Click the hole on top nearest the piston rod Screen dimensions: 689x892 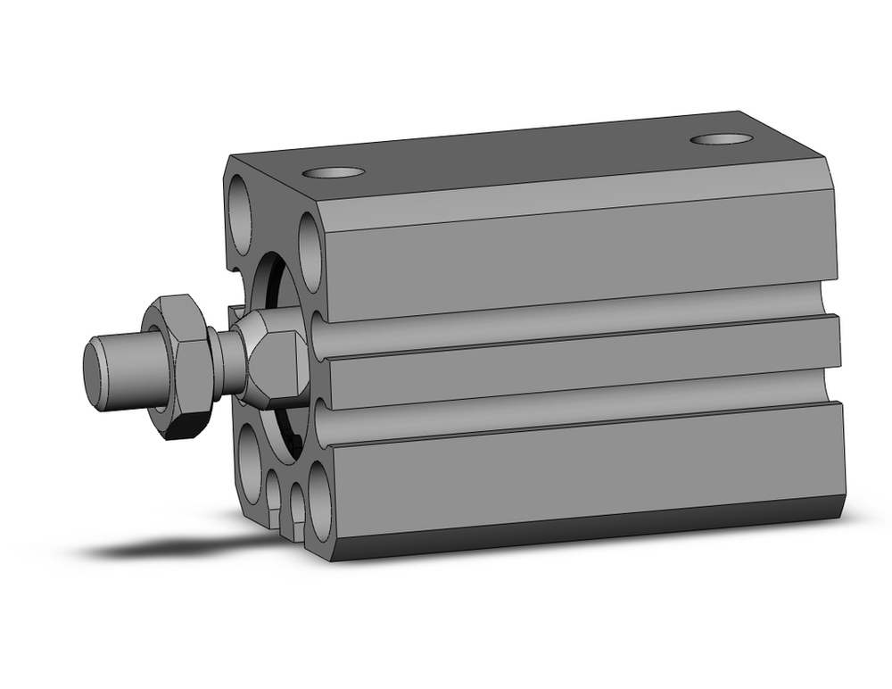click(334, 172)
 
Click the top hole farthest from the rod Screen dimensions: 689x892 click(722, 139)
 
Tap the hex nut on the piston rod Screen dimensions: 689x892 click(183, 367)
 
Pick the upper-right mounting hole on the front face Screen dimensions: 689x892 click(310, 253)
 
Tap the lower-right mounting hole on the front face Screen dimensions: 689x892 click(318, 510)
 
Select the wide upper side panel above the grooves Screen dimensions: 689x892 click(580, 254)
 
